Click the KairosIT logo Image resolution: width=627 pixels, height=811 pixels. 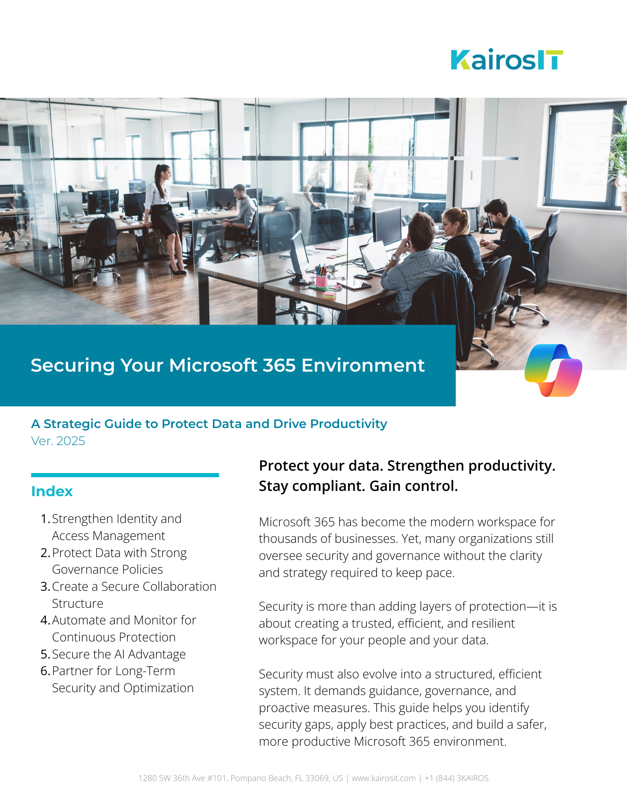pos(506,60)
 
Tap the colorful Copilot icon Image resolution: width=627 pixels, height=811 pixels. pos(553,370)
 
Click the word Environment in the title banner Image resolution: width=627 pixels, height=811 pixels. pos(363,365)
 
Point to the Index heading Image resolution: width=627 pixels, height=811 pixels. pos(52,491)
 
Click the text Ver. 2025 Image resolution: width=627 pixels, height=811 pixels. pos(58,441)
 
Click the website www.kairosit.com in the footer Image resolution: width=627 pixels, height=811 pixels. pos(384,778)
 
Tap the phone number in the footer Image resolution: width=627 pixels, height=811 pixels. pos(456,778)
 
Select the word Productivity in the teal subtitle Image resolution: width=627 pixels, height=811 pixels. pos(348,424)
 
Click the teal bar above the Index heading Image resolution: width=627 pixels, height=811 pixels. pos(125,475)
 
